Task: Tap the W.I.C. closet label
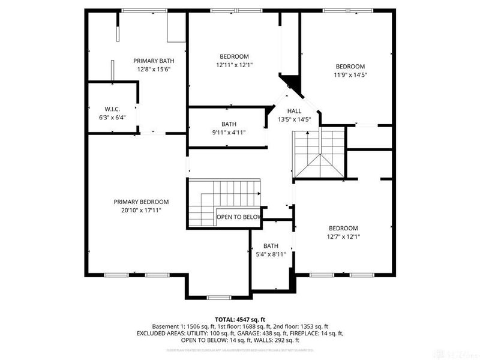[x=112, y=109]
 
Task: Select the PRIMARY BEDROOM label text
[x=141, y=202]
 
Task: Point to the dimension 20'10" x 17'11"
[x=141, y=210]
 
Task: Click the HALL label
[x=294, y=111]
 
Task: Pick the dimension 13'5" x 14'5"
[x=294, y=119]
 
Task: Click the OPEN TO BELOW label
[x=239, y=217]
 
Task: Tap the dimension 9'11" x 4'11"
[x=229, y=133]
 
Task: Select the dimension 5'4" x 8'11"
[x=271, y=254]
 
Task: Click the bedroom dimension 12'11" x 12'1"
[x=234, y=65]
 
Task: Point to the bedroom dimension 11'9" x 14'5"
[x=350, y=75]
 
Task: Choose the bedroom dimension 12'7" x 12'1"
[x=343, y=236]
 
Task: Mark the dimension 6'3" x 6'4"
[x=112, y=117]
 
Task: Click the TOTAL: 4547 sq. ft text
[x=239, y=319]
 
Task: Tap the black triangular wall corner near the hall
[x=290, y=82]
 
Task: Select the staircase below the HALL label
[x=318, y=154]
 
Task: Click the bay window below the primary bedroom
[x=217, y=297]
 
